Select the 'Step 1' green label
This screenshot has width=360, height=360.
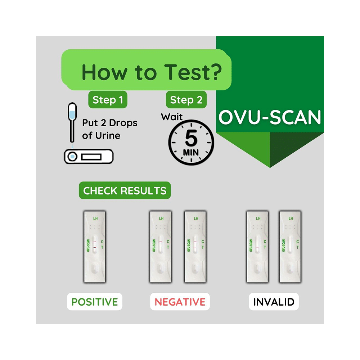108,100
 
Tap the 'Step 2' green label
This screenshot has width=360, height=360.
186,100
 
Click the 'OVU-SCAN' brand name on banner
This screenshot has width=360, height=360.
270,117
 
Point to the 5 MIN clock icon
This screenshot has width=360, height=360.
191,143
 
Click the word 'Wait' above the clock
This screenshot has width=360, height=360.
172,117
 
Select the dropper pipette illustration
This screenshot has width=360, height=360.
73,122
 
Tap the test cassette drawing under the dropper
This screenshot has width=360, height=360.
88,157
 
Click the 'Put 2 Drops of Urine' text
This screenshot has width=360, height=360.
109,129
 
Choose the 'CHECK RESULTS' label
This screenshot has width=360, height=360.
125,191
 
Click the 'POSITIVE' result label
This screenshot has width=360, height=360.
95,302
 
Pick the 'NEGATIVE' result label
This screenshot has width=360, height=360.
180,302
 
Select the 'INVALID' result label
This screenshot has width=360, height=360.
274,302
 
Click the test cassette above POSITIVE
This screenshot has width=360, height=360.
95,247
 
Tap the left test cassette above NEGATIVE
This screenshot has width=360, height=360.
161,247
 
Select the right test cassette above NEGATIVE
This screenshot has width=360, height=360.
195,247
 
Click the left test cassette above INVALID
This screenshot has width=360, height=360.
257,247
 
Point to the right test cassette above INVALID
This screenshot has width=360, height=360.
290,247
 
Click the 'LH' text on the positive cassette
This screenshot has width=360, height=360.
95,219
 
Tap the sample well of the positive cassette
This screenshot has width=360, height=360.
95,269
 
